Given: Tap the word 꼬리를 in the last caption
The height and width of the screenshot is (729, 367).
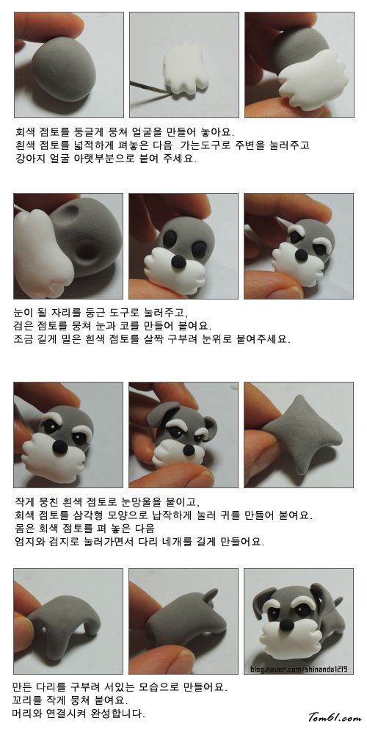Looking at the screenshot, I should coord(31,700).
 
